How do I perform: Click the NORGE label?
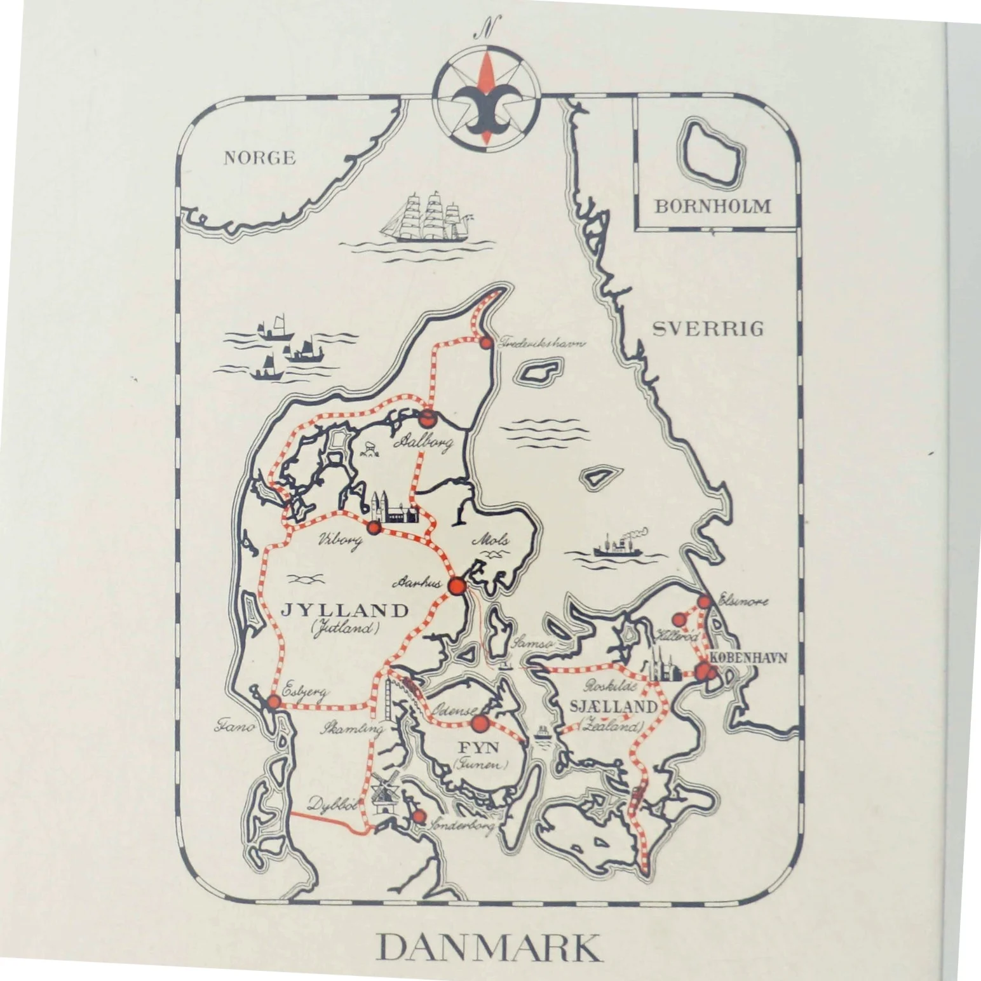[x=259, y=158]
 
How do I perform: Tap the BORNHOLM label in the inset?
[x=713, y=206]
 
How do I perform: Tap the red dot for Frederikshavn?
[x=486, y=343]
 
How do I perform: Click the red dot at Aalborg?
[x=428, y=417]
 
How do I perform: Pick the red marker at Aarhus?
[x=456, y=586]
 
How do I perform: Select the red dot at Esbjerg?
[x=274, y=702]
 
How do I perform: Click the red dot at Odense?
[x=480, y=723]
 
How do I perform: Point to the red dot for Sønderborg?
[x=418, y=816]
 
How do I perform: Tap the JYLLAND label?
[x=345, y=611]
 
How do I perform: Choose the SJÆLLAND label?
[x=612, y=707]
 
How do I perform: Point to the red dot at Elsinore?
[x=704, y=602]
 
